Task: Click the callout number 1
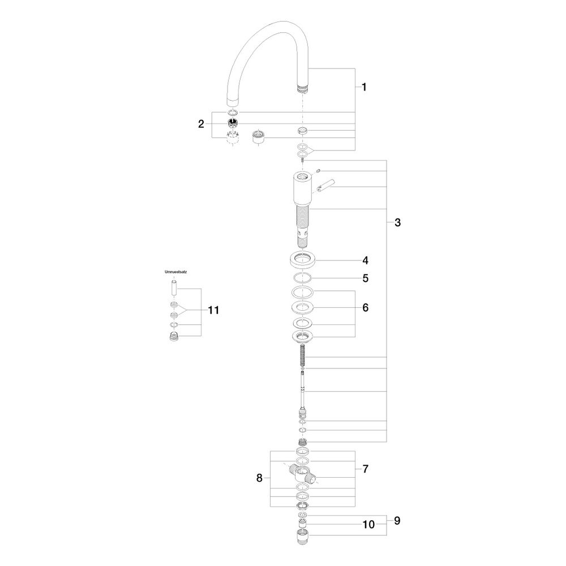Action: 364,87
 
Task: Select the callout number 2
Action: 201,124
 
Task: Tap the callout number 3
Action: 397,222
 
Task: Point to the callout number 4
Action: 365,260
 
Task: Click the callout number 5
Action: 365,278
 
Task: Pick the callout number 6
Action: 365,307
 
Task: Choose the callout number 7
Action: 365,469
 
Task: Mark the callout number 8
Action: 259,478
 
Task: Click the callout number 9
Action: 397,521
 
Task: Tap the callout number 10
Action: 368,525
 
